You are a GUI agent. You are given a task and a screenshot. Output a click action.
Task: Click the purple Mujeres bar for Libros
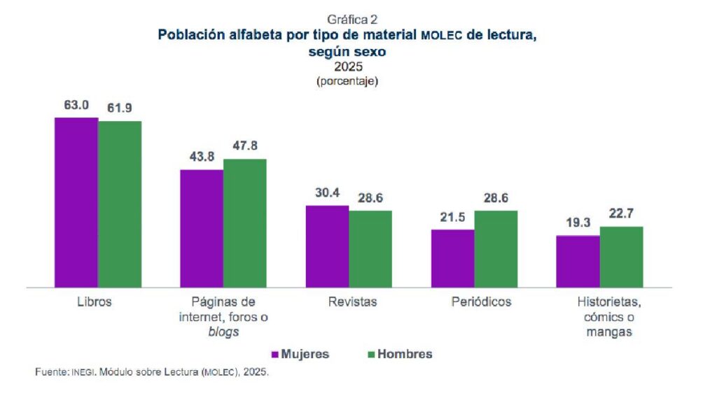tap(76, 202)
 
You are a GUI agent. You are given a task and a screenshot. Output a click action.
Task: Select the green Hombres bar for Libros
tap(120, 204)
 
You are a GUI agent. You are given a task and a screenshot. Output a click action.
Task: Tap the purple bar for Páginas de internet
tap(202, 228)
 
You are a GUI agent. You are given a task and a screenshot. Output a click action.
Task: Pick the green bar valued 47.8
tap(245, 222)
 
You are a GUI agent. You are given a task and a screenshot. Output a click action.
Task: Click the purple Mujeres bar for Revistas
tap(327, 246)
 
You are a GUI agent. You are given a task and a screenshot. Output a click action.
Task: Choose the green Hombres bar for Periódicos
tap(496, 248)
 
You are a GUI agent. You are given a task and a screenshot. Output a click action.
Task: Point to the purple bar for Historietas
tap(578, 261)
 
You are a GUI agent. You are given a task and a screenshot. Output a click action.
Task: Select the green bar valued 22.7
tap(621, 257)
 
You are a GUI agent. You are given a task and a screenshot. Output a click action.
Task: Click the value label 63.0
tap(76, 106)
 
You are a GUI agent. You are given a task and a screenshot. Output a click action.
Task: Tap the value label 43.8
tap(202, 157)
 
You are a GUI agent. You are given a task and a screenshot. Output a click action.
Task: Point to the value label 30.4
tap(327, 194)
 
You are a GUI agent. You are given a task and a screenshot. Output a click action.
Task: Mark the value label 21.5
tap(452, 218)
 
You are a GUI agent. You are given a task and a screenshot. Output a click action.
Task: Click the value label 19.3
tap(578, 223)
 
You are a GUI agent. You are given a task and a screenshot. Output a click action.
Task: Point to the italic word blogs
tap(223, 332)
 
